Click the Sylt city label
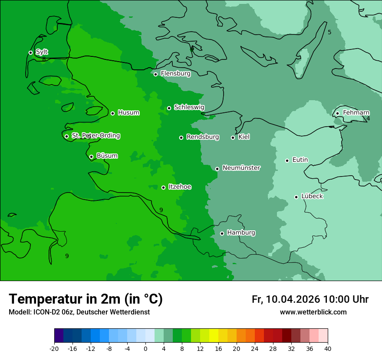tap(42, 52)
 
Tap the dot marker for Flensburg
tap(155, 74)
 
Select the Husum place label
tap(128, 113)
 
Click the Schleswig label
tap(189, 107)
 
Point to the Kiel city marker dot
tap(233, 137)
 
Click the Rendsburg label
tap(202, 137)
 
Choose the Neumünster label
tap(241, 168)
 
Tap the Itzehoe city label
tap(179, 187)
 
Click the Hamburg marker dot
tap(222, 233)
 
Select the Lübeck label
tap(312, 196)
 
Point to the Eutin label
tap(300, 160)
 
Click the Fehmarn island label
tap(356, 113)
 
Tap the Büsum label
tap(107, 156)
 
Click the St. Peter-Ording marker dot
tap(66, 136)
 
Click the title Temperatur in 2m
tap(86, 299)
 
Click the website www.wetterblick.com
tap(313, 312)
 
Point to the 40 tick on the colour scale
tap(327, 348)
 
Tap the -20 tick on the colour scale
tap(54, 348)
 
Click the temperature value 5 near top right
tap(329, 33)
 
